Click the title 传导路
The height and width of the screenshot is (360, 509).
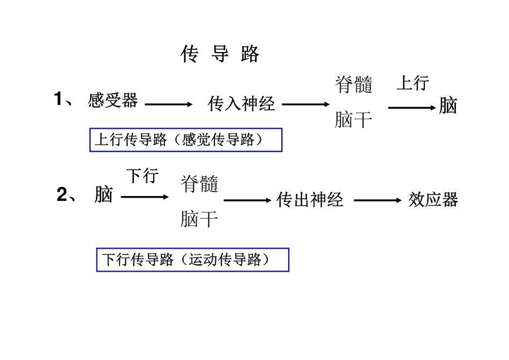pyautogui.click(x=220, y=54)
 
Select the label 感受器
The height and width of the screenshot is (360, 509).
pyautogui.click(x=113, y=100)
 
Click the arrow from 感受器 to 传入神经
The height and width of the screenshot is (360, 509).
pyautogui.click(x=168, y=104)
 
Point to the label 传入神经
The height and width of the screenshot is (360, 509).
pyautogui.click(x=241, y=103)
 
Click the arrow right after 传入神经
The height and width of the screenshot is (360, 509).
pyautogui.click(x=306, y=104)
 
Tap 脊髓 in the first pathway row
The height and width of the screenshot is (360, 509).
pyautogui.click(x=354, y=85)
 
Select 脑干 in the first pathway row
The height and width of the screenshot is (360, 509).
pyautogui.click(x=354, y=119)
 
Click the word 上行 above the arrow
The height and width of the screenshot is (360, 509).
pyautogui.click(x=413, y=83)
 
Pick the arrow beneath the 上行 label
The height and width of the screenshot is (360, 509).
pyautogui.click(x=413, y=107)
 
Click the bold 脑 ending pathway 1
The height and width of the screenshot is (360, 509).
pyautogui.click(x=448, y=106)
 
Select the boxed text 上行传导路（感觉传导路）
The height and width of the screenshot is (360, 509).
pyautogui.click(x=185, y=140)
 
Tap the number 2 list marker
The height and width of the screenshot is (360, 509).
pyautogui.click(x=63, y=196)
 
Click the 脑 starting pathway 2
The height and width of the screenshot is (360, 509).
pyautogui.click(x=104, y=194)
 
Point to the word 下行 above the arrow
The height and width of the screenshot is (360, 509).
pyautogui.click(x=143, y=176)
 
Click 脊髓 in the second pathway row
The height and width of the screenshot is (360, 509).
pyautogui.click(x=199, y=184)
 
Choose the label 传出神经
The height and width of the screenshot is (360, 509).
pyautogui.click(x=310, y=200)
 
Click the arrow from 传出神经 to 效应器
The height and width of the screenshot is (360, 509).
pyautogui.click(x=378, y=201)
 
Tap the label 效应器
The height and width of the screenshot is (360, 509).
pyautogui.click(x=433, y=200)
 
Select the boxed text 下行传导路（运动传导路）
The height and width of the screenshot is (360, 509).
pyautogui.click(x=192, y=260)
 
